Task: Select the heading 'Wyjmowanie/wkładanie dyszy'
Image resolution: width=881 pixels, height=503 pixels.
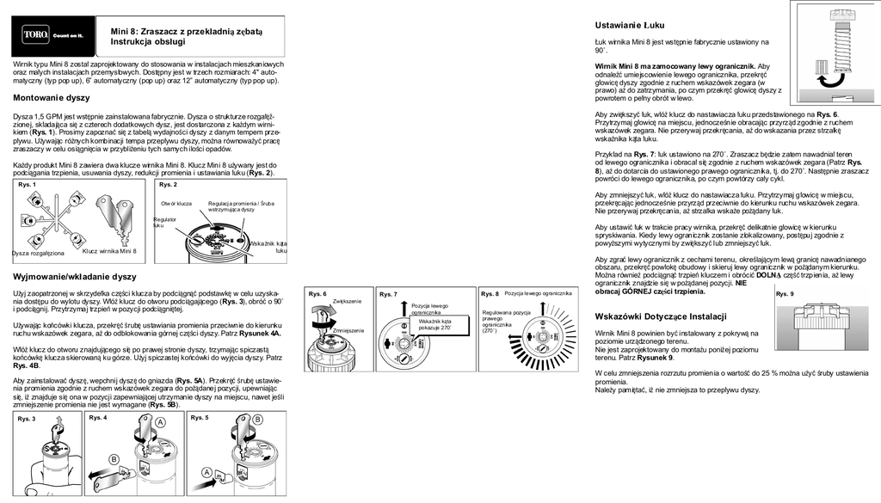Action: (x=75, y=277)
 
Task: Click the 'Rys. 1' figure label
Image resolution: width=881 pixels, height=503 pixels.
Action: (x=28, y=185)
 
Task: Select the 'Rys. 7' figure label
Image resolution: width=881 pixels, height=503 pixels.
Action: (x=389, y=294)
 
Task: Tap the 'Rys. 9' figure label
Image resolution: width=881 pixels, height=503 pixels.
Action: (x=785, y=294)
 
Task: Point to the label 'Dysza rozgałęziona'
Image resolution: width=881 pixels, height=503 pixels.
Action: (x=39, y=254)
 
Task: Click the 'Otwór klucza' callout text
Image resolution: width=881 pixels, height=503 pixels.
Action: (x=176, y=203)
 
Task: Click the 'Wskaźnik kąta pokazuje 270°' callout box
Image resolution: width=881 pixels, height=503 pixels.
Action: (x=434, y=324)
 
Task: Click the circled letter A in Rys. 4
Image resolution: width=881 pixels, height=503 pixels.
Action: (x=160, y=422)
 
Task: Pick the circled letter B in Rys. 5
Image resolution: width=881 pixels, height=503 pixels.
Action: (x=257, y=419)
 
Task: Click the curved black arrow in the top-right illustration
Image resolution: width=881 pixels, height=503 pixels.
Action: (x=832, y=80)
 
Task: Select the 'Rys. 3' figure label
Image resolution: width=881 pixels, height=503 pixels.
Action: (x=27, y=419)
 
